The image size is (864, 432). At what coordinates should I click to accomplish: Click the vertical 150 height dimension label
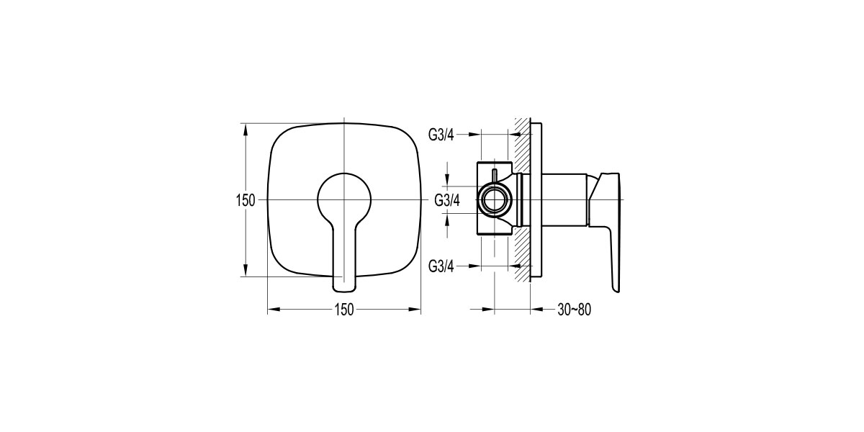[246, 200]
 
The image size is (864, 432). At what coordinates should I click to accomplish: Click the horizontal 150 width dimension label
[343, 310]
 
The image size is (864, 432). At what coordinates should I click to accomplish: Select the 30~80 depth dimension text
[574, 310]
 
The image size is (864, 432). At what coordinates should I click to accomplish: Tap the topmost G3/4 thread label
[442, 134]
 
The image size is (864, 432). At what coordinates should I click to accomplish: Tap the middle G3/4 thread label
[447, 200]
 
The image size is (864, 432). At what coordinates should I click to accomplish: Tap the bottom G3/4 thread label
[442, 266]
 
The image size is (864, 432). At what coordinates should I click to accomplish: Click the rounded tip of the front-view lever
[344, 286]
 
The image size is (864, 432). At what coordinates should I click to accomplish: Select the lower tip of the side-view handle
[616, 288]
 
